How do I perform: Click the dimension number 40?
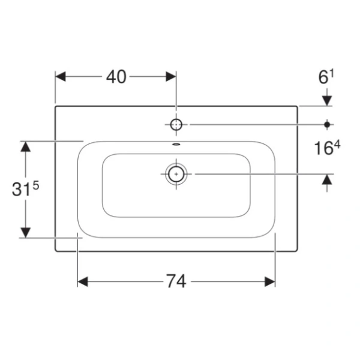click(x=116, y=77)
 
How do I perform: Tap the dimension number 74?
click(x=176, y=281)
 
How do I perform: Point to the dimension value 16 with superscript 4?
click(x=327, y=148)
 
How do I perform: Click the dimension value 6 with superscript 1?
click(x=326, y=76)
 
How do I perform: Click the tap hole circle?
click(x=176, y=125)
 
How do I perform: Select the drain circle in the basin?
click(x=176, y=174)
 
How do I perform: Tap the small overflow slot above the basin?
click(x=176, y=145)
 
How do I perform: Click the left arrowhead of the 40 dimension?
click(x=61, y=76)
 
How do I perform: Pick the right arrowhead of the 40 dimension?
click(x=171, y=76)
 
